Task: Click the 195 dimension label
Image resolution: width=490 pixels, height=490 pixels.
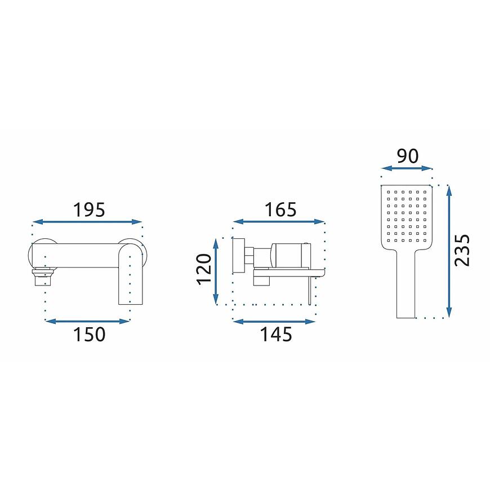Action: click(x=89, y=210)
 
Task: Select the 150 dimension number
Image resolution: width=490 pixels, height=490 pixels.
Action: click(x=89, y=334)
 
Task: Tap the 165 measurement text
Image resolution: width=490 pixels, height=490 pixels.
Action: click(x=280, y=210)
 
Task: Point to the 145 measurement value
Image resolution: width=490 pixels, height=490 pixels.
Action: click(x=276, y=334)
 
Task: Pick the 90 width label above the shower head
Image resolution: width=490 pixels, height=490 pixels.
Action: click(x=408, y=156)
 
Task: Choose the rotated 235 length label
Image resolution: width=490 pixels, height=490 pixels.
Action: click(x=462, y=250)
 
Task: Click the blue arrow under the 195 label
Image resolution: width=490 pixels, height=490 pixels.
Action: click(x=87, y=222)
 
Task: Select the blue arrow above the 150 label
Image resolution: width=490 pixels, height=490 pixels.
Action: click(x=87, y=321)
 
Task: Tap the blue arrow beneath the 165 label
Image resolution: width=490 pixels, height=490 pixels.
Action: click(x=279, y=221)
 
